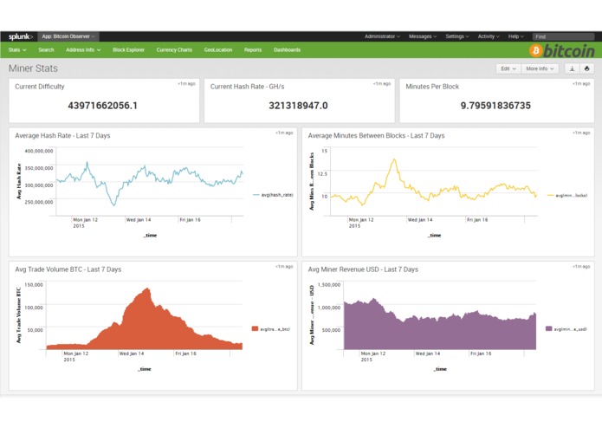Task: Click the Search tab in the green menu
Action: [46, 50]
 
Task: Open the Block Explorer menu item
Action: [128, 50]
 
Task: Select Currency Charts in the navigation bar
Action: [174, 50]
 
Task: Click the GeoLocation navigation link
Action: [218, 50]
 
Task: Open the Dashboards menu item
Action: [287, 50]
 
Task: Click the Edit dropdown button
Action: [508, 68]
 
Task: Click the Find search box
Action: [562, 36]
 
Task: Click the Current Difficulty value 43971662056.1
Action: [102, 106]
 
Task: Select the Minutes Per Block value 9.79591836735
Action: [492, 106]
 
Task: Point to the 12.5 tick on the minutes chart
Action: [323, 173]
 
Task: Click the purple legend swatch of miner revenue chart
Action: [549, 328]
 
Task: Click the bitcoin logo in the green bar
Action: [562, 51]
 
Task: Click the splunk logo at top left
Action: [21, 36]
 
